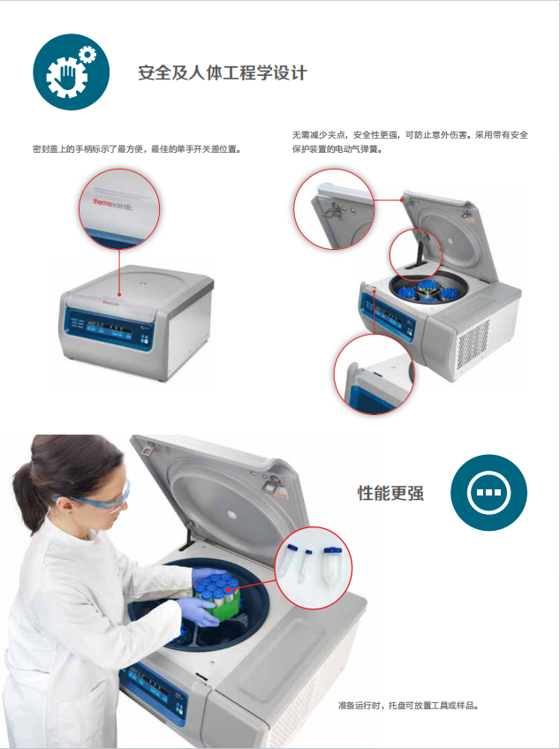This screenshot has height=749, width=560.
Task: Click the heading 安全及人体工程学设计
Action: pyautogui.click(x=223, y=73)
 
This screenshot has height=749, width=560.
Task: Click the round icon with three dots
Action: pyautogui.click(x=488, y=493)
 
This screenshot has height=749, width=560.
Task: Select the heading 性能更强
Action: pyautogui.click(x=390, y=493)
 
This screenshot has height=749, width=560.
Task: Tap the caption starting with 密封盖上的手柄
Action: pyautogui.click(x=137, y=149)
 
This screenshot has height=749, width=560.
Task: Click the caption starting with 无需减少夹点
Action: pyautogui.click(x=409, y=142)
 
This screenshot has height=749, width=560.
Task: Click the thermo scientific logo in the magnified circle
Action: pyautogui.click(x=117, y=204)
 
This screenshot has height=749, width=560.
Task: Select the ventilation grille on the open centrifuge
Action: pyautogui.click(x=473, y=339)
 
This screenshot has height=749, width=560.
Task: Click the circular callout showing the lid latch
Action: pyautogui.click(x=334, y=208)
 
